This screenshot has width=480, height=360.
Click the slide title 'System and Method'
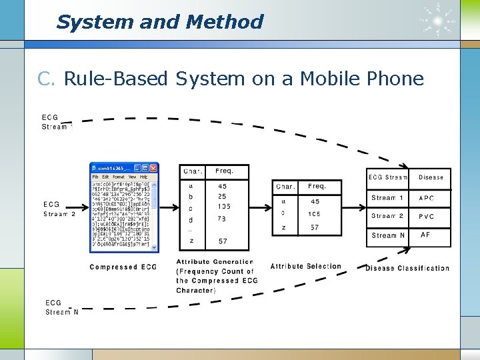[x=160, y=22]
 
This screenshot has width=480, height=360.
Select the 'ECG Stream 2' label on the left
[x=59, y=209]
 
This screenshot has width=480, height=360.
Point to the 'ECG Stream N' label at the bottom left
[x=62, y=307]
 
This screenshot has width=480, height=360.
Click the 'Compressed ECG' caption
[x=123, y=267]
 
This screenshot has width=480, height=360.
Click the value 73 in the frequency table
[x=222, y=219]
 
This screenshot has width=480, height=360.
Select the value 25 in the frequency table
[x=222, y=197]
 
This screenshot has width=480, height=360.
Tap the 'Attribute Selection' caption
[x=305, y=267]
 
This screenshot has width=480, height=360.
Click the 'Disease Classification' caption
[x=407, y=268]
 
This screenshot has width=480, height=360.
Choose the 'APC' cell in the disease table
[x=427, y=198]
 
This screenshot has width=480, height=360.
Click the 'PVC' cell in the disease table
[x=427, y=217]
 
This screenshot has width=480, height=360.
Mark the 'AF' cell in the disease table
[x=426, y=235]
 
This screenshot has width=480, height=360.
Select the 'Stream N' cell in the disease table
[x=388, y=235]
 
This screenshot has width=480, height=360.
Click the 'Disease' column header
[x=431, y=177]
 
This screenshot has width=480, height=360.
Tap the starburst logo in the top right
[x=438, y=20]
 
